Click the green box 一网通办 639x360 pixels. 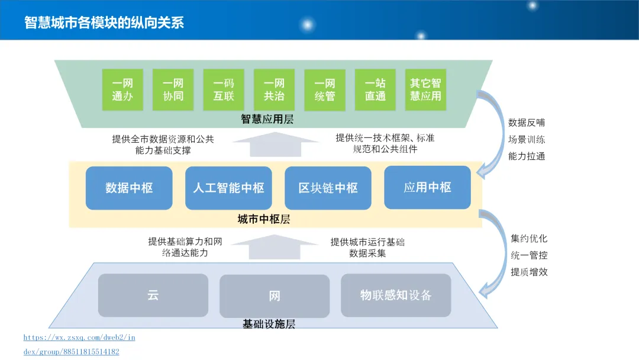click(x=122, y=89)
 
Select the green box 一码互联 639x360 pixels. click(x=224, y=89)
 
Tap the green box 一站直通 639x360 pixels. click(x=375, y=89)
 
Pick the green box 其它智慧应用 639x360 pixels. click(x=426, y=89)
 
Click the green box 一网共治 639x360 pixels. click(x=274, y=89)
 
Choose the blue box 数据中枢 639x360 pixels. click(x=129, y=188)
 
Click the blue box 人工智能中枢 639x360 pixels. click(x=228, y=188)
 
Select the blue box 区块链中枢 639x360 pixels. click(x=328, y=188)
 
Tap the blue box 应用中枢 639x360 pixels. click(x=427, y=188)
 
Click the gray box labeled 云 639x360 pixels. click(x=153, y=295)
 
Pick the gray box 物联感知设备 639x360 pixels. click(x=396, y=295)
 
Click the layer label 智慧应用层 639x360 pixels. click(x=267, y=119)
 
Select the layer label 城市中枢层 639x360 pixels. click(x=264, y=219)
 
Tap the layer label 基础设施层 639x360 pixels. click(x=269, y=324)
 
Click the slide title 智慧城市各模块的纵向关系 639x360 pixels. click(x=104, y=22)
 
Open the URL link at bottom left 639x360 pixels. click(x=79, y=337)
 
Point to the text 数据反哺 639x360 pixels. click(x=527, y=123)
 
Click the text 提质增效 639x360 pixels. click(x=529, y=272)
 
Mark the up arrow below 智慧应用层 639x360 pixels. click(x=276, y=145)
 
